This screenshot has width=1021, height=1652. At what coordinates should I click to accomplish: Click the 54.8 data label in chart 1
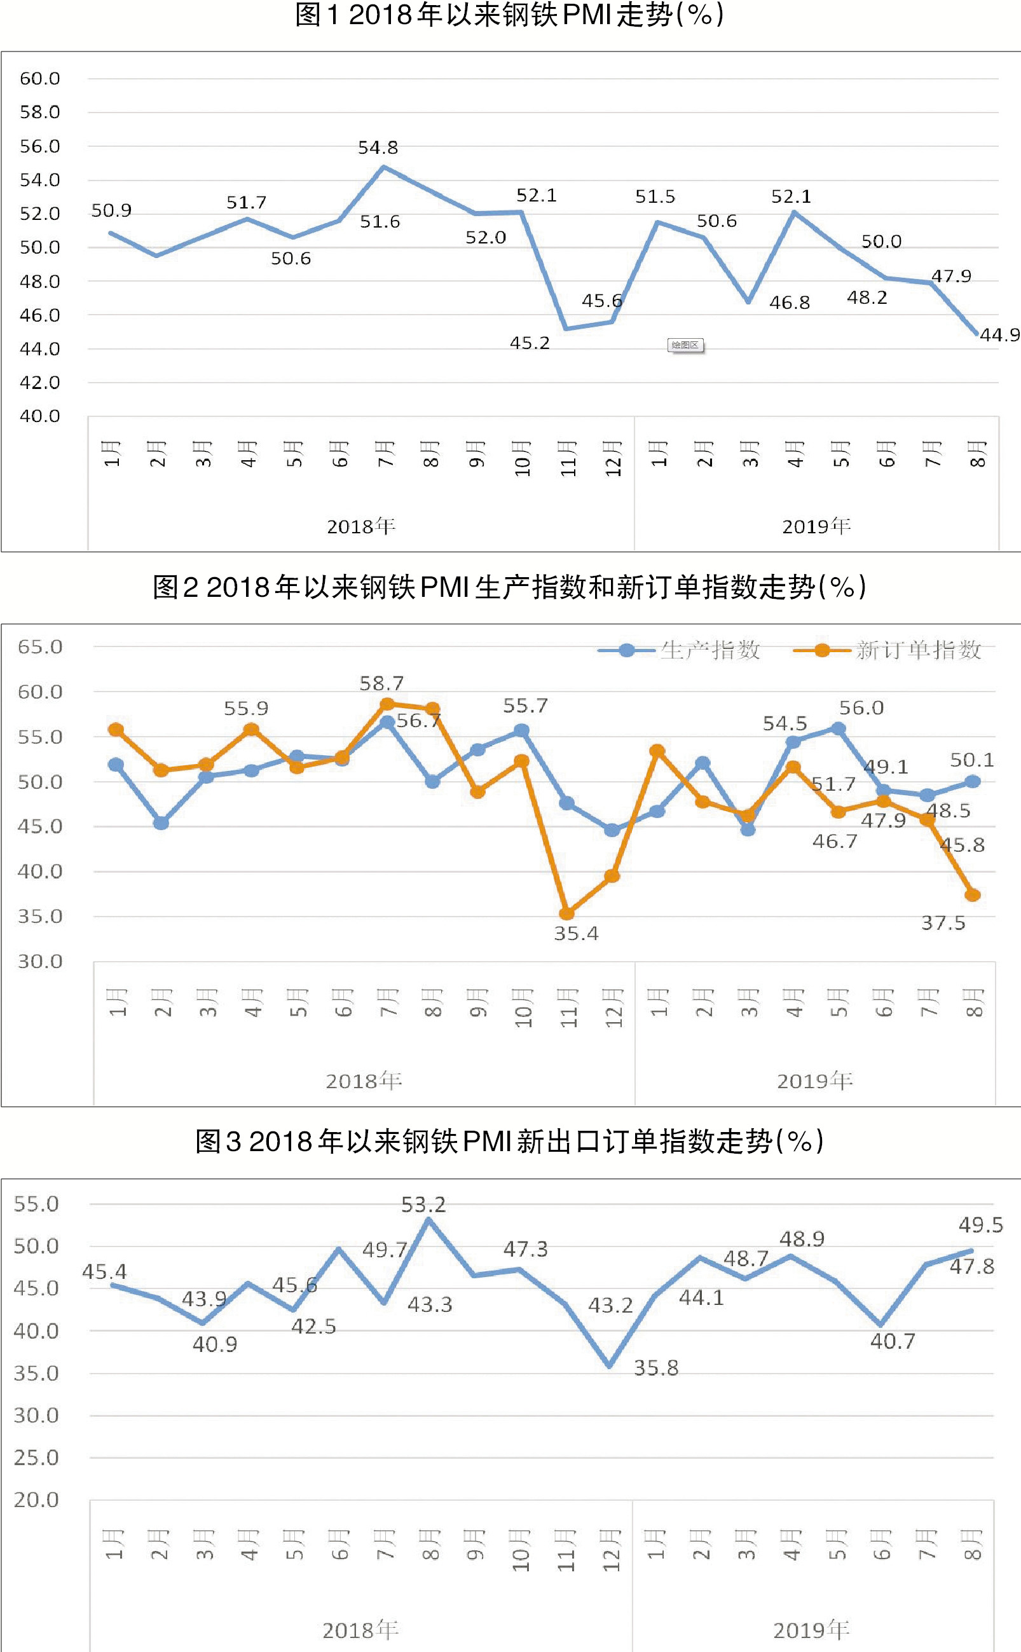378,147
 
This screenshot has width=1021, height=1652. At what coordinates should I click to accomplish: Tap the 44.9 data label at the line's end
999,335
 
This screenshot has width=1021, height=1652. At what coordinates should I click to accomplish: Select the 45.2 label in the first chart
530,343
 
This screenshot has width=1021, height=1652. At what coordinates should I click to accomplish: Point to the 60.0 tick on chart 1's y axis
40,78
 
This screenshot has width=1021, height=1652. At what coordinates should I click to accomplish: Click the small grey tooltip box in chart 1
685,345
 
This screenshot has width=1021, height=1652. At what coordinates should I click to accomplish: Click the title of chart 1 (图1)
510,15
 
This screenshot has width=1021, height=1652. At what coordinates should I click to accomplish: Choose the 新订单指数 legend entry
888,650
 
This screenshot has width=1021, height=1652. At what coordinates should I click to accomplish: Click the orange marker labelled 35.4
566,913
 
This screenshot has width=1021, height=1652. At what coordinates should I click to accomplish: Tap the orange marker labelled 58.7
387,704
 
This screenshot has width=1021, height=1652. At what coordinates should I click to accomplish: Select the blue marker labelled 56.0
838,728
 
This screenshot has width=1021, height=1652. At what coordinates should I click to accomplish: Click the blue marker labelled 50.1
973,781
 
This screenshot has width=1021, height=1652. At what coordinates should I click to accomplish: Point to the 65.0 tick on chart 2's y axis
40,647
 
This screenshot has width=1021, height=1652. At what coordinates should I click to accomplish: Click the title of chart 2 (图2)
510,587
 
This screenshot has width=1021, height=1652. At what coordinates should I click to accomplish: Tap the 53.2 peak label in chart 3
423,1205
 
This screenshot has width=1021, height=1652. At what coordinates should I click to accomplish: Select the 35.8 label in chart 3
655,1369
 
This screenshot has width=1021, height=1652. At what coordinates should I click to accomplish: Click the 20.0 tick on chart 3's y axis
36,1500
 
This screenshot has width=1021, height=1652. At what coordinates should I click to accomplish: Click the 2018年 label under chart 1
361,526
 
